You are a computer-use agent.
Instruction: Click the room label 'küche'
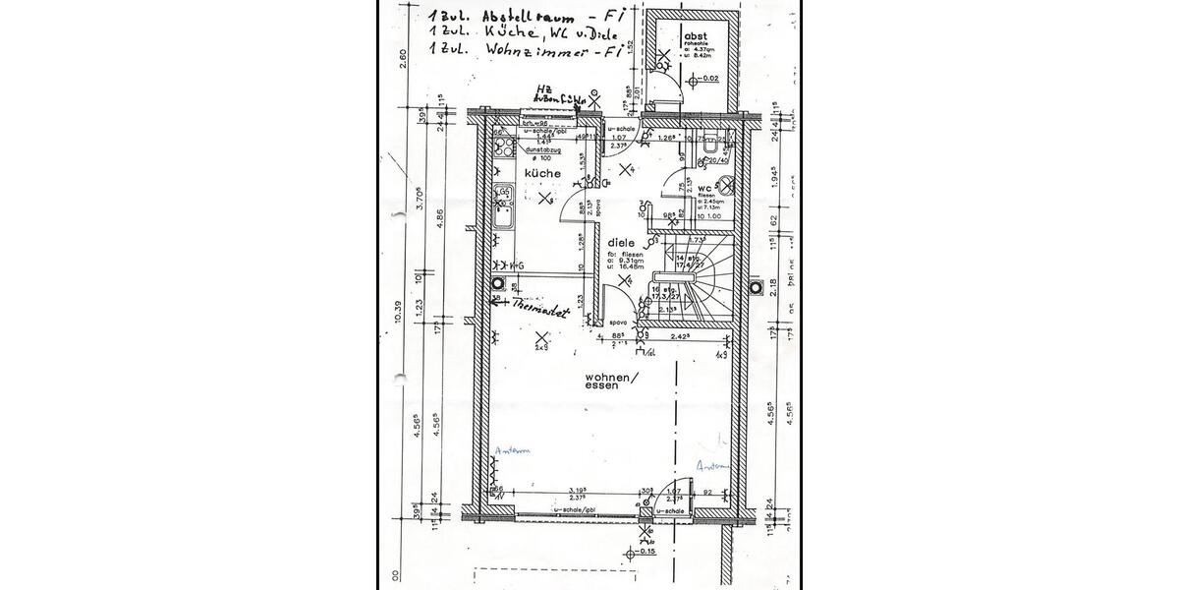click(542, 173)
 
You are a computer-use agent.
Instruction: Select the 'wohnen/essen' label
click(611, 383)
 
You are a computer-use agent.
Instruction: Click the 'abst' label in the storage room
click(697, 35)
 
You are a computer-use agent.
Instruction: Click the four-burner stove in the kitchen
click(504, 148)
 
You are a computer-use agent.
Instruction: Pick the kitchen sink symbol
click(504, 203)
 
